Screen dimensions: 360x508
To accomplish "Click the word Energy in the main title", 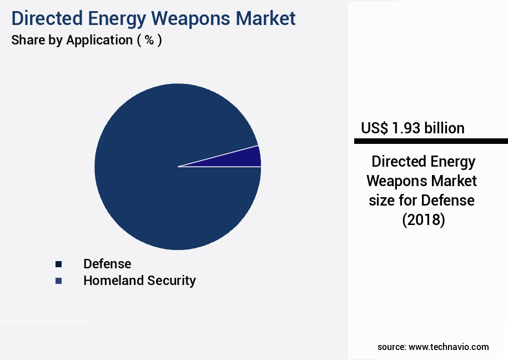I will coord(115,18).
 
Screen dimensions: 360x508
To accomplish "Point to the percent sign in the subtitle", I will coord(149,40).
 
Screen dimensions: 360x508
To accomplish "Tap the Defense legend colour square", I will coord(58,264).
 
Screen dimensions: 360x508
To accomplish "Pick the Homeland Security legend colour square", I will coord(58,281).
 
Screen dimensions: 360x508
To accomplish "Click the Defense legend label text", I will coord(107,264).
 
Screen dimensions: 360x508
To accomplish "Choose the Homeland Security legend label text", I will coord(139,281).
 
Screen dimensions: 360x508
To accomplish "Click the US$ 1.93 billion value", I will coord(413,128).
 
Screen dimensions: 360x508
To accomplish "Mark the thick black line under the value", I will coord(430,141).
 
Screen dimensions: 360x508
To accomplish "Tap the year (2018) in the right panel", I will coord(424,220).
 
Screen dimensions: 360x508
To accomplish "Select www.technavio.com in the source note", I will coord(449,347).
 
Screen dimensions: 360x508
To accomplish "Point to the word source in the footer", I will coord(391,347).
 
